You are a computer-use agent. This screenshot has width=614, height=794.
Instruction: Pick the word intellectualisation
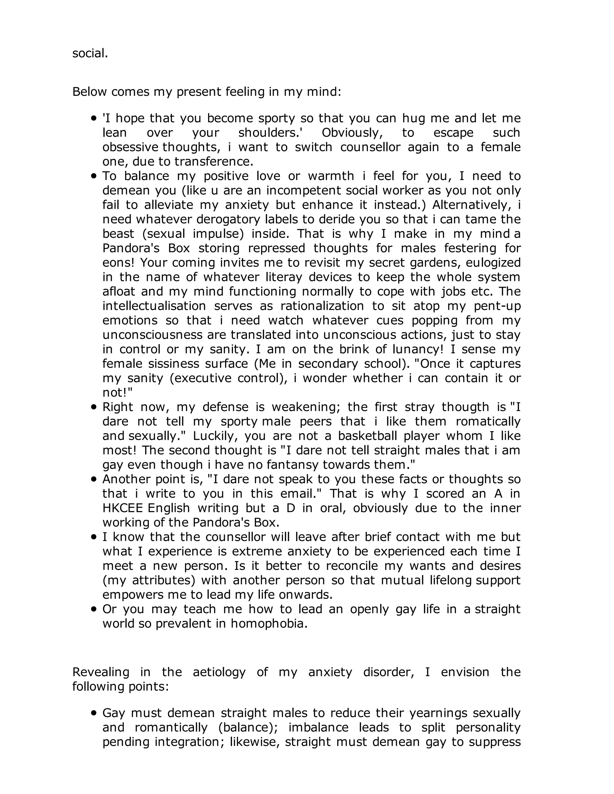[154, 305]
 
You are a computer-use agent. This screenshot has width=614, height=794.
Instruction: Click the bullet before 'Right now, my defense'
[94, 407]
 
